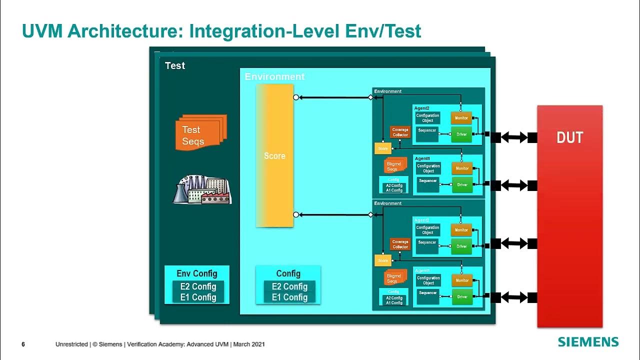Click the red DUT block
(569, 216)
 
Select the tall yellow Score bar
(274, 155)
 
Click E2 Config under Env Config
(198, 286)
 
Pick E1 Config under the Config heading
(289, 297)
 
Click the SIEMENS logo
(588, 342)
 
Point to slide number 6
(23, 344)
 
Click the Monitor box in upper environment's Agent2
(461, 118)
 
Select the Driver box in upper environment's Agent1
(462, 184)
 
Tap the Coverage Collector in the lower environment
(400, 244)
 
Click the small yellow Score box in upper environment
(382, 148)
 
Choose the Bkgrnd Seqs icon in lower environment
(393, 278)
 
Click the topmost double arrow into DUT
(514, 137)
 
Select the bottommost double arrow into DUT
(514, 297)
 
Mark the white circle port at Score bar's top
(296, 97)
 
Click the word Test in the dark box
(175, 65)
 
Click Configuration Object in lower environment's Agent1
(428, 280)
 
